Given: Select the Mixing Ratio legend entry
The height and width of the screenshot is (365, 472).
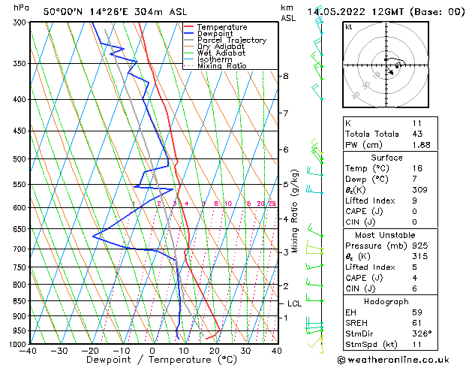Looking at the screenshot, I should click(x=222, y=66).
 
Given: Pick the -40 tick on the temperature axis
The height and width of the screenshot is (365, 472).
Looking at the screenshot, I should click(x=29, y=351).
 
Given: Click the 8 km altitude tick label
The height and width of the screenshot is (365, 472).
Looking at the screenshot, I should click(x=285, y=77).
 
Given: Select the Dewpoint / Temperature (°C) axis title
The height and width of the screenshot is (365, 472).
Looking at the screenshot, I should click(x=153, y=360).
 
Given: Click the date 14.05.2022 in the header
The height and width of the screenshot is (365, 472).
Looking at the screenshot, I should click(x=339, y=11).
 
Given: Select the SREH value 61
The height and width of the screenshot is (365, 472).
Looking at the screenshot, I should click(x=418, y=323).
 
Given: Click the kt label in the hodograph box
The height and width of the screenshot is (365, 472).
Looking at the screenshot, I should click(x=348, y=27).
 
